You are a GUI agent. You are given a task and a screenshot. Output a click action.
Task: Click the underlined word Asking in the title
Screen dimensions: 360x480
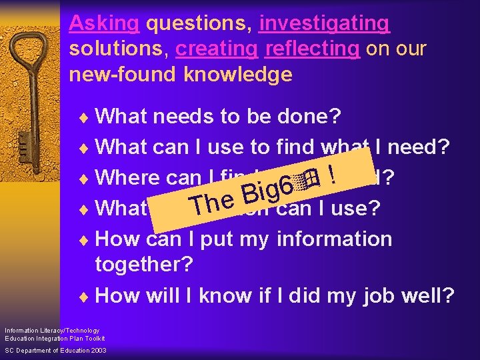pyautogui.click(x=104, y=24)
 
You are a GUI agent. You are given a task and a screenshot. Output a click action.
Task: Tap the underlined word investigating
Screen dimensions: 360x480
pyautogui.click(x=324, y=24)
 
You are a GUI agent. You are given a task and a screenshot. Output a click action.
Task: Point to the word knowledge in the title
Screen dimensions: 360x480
pyautogui.click(x=240, y=75)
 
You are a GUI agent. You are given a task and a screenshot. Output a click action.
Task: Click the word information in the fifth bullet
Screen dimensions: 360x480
pyautogui.click(x=335, y=238)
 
